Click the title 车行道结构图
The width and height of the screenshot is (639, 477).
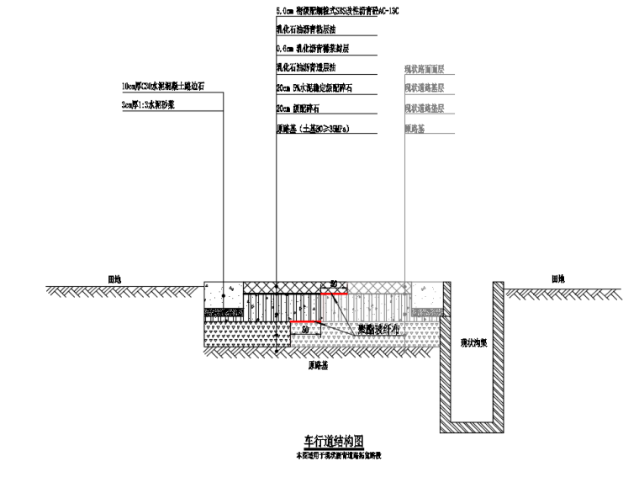coord(334,440)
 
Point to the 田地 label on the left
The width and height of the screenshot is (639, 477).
coord(115,278)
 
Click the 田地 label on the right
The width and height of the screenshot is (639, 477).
coord(558,278)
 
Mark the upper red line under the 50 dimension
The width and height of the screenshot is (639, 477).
coord(334,294)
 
